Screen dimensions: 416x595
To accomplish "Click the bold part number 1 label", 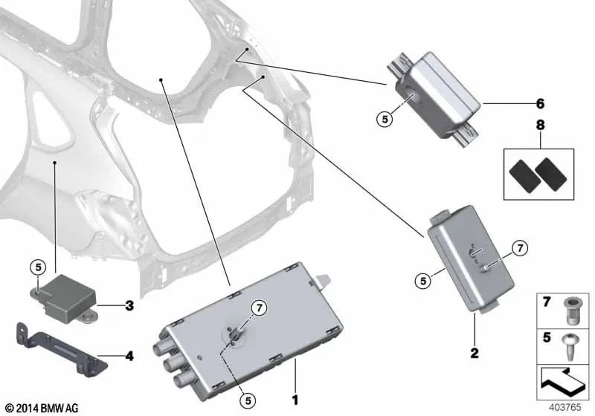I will point(295,400).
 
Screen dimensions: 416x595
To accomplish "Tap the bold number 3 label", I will point(129,305).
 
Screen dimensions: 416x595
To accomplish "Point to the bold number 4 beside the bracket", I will point(129,356).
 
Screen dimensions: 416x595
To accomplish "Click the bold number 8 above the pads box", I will point(541,127).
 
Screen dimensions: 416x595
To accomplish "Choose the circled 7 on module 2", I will point(521,248).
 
